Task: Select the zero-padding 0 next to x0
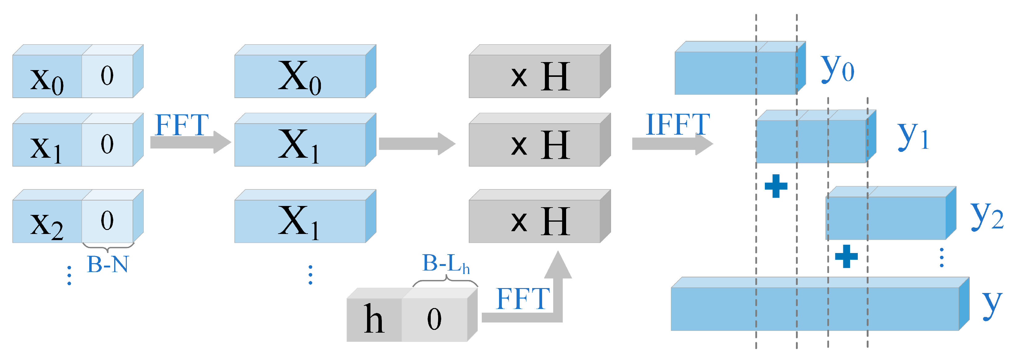point(107,76)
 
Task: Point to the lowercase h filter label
point(373,319)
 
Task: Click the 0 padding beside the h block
point(434,319)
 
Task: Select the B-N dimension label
point(108,264)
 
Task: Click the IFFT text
point(678,125)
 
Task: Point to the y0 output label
point(837,69)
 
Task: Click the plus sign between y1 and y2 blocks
point(776,186)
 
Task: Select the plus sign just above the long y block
point(846,256)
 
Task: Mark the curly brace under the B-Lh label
point(446,281)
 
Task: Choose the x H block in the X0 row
point(540,76)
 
